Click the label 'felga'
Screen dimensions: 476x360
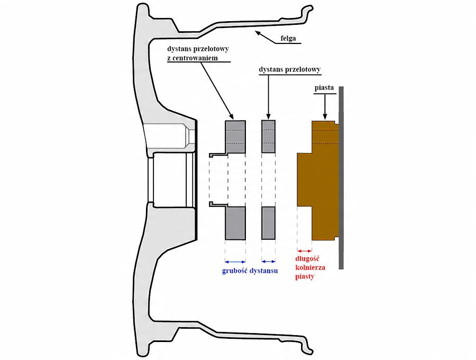pos(288,39)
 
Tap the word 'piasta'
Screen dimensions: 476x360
pos(324,88)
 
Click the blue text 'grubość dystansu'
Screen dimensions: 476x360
pos(250,271)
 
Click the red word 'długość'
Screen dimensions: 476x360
pos(307,259)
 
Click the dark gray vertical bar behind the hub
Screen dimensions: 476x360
pos(341,178)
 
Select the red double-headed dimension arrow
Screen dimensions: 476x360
pos(305,251)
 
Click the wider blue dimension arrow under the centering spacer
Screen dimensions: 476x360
pos(235,262)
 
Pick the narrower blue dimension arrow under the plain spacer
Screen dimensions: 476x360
pos(268,262)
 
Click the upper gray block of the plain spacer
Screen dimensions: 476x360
pos(268,137)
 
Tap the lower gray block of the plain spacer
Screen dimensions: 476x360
pos(268,223)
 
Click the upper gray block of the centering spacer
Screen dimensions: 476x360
pos(235,137)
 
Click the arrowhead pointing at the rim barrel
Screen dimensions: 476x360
pos(258,32)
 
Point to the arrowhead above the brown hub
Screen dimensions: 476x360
pos(325,116)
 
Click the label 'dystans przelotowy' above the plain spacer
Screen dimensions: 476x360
pos(290,69)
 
